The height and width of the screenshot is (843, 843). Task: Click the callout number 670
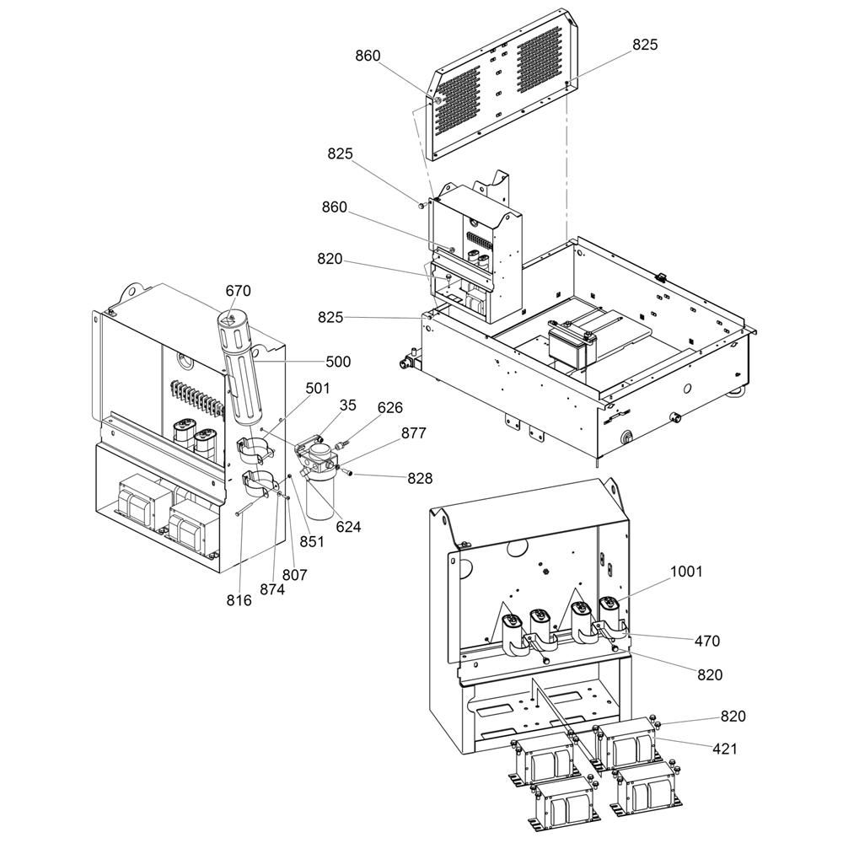click(238, 291)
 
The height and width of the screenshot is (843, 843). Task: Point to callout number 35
click(348, 405)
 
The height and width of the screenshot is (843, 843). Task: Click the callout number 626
click(390, 409)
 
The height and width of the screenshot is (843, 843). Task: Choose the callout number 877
click(413, 433)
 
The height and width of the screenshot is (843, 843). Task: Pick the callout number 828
click(419, 478)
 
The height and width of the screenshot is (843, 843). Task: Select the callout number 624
click(347, 527)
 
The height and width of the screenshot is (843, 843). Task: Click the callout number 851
click(312, 542)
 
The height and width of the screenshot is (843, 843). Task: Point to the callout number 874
click(272, 589)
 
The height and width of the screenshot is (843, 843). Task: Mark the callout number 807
click(295, 575)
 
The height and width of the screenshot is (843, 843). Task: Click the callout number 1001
click(686, 572)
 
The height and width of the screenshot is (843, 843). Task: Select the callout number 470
click(706, 641)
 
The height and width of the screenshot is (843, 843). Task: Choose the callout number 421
click(724, 748)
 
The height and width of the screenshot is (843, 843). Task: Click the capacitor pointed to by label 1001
click(609, 615)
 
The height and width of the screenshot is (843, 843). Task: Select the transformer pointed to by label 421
click(629, 744)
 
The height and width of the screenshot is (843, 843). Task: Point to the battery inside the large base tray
click(572, 346)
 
